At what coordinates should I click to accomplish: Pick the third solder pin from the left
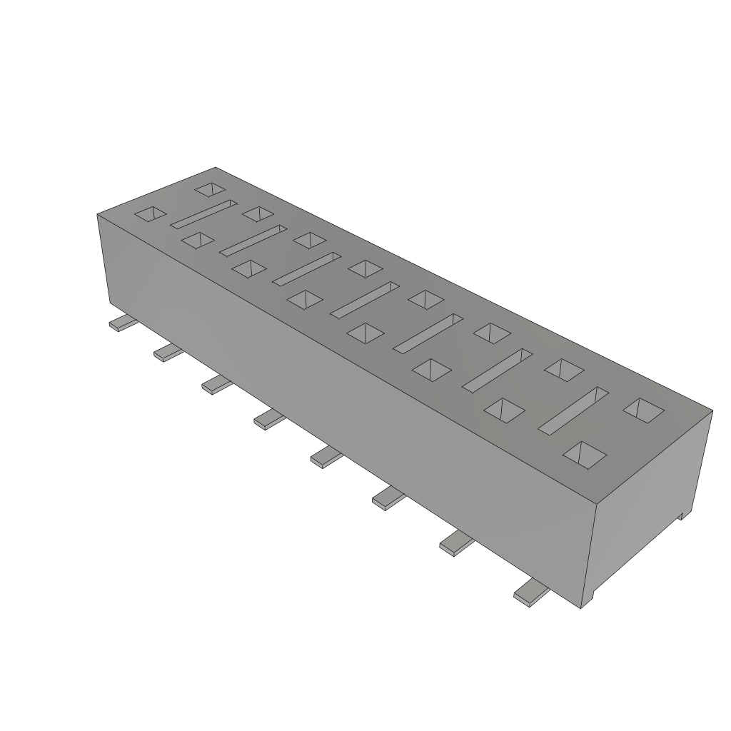click(217, 384)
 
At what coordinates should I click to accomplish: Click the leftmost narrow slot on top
click(203, 215)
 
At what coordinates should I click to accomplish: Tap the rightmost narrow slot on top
click(573, 410)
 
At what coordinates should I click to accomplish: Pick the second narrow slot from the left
click(253, 241)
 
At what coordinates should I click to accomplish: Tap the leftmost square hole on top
click(151, 213)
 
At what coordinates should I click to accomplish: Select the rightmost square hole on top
click(644, 409)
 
